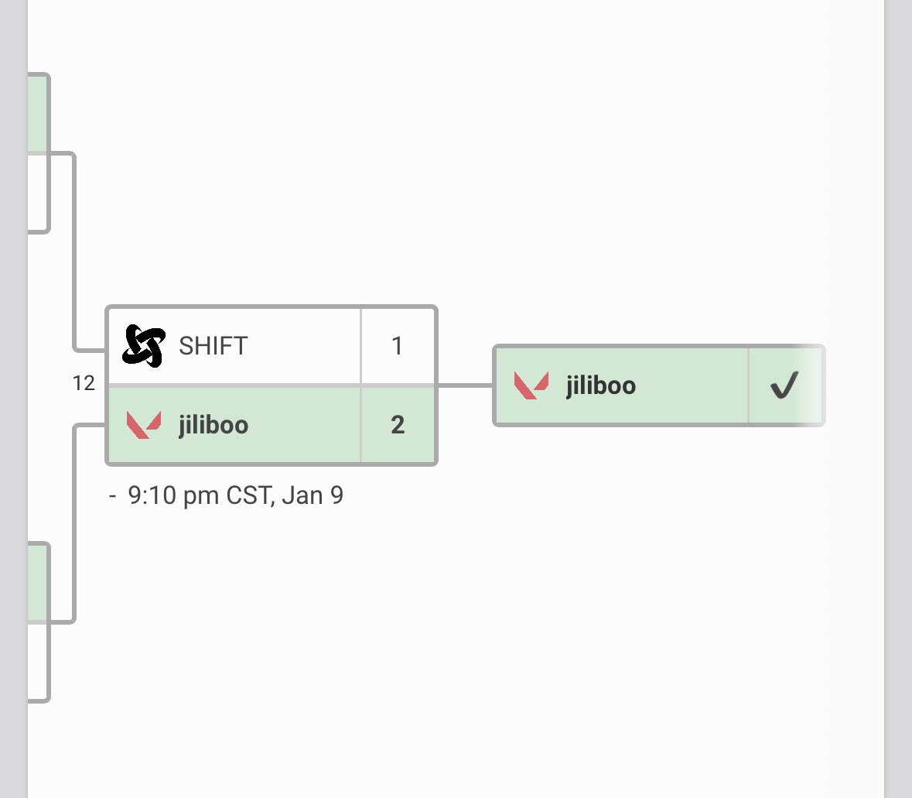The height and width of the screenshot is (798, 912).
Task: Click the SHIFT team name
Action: (x=213, y=346)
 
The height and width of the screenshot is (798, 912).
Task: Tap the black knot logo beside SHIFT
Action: (x=144, y=346)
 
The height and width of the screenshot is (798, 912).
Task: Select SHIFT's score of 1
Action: (x=398, y=346)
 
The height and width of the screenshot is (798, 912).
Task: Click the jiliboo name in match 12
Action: (x=213, y=425)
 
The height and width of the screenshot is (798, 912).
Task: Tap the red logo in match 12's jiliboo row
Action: (x=144, y=425)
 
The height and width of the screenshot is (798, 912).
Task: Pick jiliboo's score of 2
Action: (x=398, y=425)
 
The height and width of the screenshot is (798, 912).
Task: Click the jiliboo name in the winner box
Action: (x=601, y=385)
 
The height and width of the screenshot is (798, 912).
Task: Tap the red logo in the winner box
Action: (x=531, y=385)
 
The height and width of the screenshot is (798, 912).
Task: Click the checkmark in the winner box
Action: (x=784, y=385)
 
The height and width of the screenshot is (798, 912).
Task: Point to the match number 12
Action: (x=84, y=383)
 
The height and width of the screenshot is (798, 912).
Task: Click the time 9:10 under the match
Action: (x=152, y=495)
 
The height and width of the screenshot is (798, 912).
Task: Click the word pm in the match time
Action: (x=201, y=498)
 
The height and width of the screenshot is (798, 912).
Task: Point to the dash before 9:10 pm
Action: (x=113, y=496)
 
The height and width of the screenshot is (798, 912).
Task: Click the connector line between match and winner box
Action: (x=465, y=385)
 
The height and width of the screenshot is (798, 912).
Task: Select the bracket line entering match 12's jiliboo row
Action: (x=74, y=524)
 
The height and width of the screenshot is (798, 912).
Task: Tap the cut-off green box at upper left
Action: (x=38, y=113)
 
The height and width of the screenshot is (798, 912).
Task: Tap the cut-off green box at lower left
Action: (x=38, y=582)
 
